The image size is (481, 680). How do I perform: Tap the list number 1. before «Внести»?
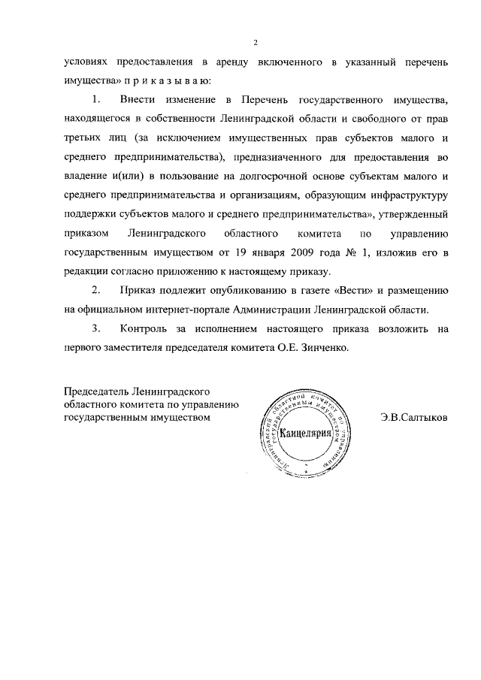click(x=96, y=99)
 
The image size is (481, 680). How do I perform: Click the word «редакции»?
click(x=87, y=271)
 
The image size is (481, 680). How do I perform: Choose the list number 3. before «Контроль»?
click(x=96, y=328)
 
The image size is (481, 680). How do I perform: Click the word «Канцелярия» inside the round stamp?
click(x=306, y=434)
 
